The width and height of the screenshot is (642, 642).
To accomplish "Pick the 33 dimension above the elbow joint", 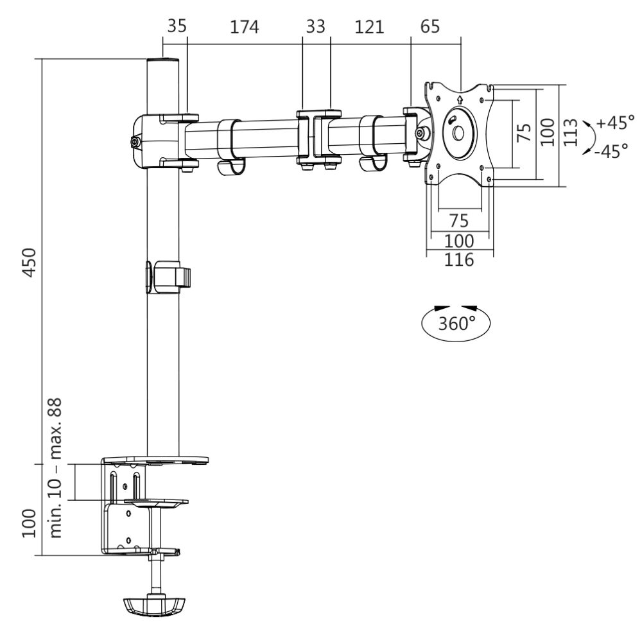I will (315, 27).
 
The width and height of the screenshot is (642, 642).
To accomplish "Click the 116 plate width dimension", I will (460, 261).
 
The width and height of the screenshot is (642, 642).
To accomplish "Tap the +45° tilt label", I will (614, 122).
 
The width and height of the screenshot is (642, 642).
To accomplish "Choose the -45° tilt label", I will (611, 153).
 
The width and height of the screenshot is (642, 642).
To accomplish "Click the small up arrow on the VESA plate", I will (460, 100).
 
